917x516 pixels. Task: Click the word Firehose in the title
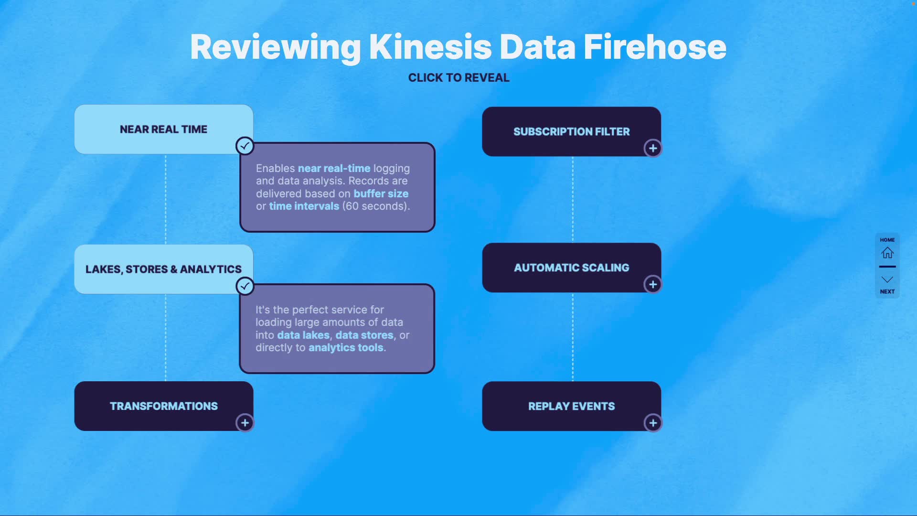654,47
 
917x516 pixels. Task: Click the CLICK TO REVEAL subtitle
458,77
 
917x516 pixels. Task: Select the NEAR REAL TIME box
164,129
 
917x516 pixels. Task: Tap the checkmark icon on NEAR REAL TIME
245,146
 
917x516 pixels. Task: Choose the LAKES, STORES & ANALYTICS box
164,269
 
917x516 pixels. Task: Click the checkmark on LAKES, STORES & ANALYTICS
245,286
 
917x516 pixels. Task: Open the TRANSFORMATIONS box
164,406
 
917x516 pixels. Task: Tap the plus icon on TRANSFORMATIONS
245,423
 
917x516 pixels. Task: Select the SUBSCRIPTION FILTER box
572,131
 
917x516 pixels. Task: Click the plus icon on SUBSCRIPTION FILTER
653,148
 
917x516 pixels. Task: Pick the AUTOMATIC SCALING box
572,268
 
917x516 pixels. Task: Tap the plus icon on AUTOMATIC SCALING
653,284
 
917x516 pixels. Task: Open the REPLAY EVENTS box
572,406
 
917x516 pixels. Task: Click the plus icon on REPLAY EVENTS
653,423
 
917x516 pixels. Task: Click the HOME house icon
887,252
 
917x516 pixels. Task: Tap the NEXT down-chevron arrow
887,279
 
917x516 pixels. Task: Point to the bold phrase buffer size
381,193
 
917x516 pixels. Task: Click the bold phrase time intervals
304,206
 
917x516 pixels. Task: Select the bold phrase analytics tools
346,347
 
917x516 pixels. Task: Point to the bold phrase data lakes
303,335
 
